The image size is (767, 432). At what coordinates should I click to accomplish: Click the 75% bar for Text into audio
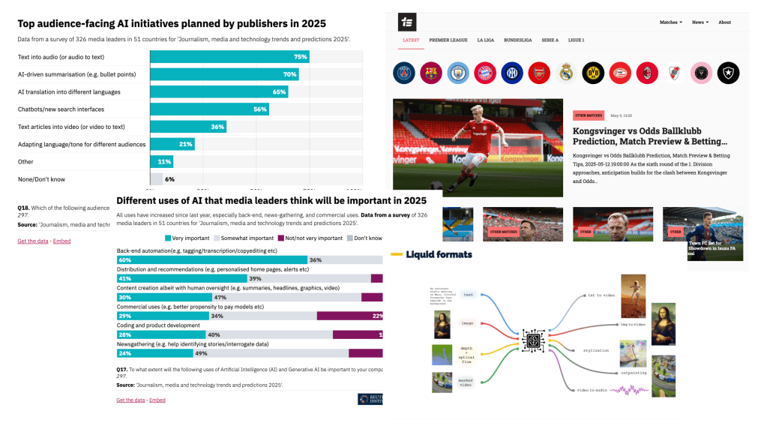229,57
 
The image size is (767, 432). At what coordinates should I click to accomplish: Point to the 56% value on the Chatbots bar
260,109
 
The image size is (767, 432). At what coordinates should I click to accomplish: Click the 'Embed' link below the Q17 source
157,400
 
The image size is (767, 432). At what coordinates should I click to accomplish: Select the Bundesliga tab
517,40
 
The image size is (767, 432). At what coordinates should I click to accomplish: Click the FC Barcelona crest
431,73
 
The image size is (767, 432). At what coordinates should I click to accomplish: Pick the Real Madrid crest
566,73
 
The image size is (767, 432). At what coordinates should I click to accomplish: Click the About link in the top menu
724,22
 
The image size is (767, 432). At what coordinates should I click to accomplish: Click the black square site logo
407,22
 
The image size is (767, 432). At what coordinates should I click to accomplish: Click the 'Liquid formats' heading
439,255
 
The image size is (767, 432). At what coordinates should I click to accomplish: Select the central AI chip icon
534,340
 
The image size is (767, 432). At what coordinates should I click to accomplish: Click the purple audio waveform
631,389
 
